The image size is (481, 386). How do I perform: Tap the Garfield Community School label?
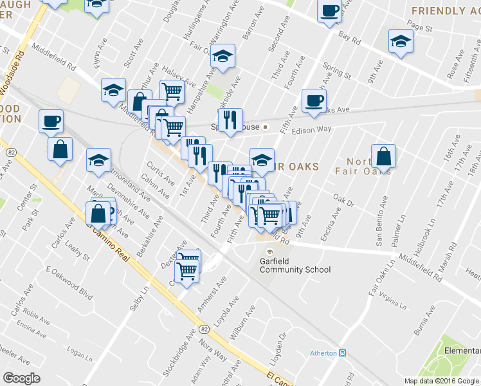coord(295,266)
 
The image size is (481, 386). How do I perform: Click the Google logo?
coord(21,378)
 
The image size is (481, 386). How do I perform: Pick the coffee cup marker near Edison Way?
coord(314,102)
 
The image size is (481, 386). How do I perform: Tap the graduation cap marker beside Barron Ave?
coord(223,57)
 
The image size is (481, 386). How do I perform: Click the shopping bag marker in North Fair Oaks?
coord(383,156)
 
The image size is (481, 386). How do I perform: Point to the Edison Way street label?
coord(311,129)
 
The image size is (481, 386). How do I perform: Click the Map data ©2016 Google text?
coord(442,381)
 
